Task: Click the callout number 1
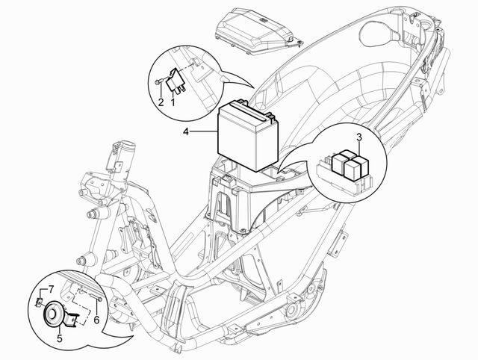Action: pos(173,102)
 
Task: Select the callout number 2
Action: pos(161,102)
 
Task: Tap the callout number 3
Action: pos(359,137)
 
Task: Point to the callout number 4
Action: pos(186,131)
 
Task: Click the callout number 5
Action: pos(59,338)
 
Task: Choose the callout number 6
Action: pos(96,320)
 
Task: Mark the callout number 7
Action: pos(51,288)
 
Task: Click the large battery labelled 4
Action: pos(247,135)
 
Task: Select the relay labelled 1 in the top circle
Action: pos(176,80)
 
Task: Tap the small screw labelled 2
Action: pos(158,81)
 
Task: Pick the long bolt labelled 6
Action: pos(96,298)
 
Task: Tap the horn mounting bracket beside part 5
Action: pos(72,318)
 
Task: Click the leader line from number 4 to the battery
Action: pos(204,131)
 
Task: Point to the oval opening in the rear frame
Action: pos(378,33)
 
